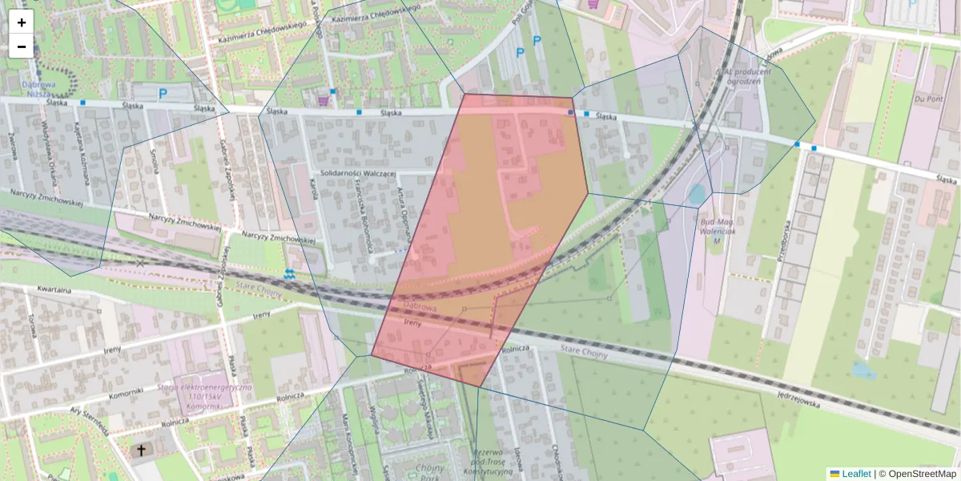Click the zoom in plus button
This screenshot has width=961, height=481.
(22, 22)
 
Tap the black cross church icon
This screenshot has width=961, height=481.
(142, 451)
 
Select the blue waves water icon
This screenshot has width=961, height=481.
(289, 274)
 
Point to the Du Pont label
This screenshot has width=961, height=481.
(930, 99)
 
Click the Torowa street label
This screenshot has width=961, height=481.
(34, 324)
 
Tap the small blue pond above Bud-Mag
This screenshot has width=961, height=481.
(697, 194)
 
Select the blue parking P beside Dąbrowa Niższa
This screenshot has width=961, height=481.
(163, 94)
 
